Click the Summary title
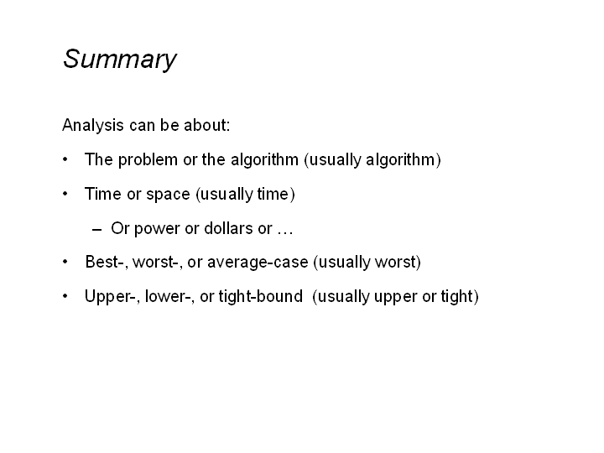pos(119,60)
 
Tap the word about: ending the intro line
pos(206,125)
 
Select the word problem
pos(148,160)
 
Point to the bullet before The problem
pos(65,159)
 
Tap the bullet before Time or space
pos(65,194)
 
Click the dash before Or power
pos(96,230)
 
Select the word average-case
pos(258,263)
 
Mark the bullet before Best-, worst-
pos(65,262)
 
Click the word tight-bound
pos(261,297)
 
